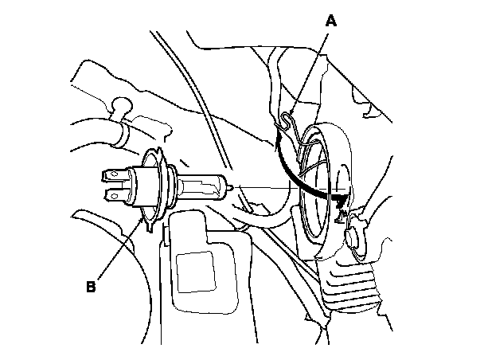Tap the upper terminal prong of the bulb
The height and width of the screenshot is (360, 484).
click(113, 174)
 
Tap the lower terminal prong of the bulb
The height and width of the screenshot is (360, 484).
click(113, 194)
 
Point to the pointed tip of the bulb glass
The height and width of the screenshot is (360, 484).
click(230, 188)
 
